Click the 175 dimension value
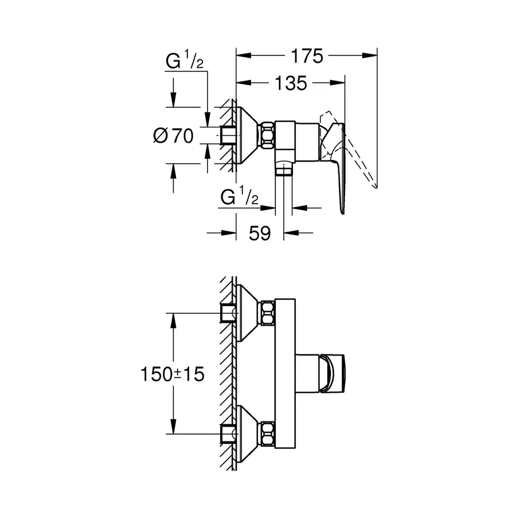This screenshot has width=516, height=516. point(306,56)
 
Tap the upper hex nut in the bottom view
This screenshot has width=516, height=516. point(268,312)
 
